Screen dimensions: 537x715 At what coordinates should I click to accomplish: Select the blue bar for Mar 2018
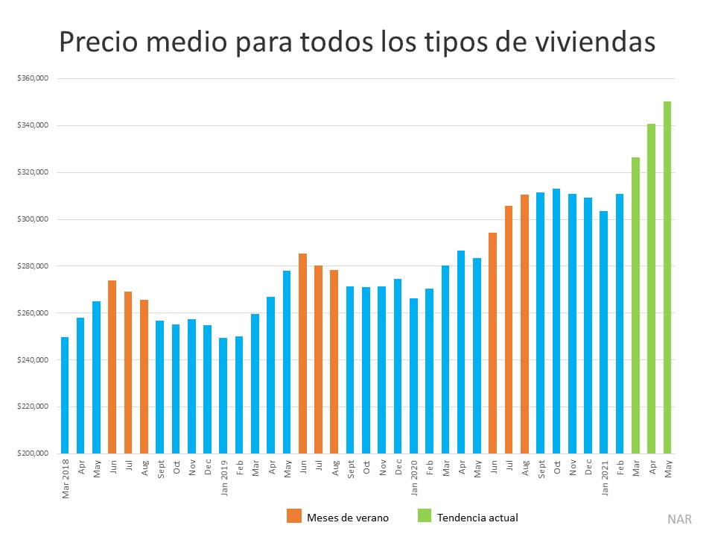[x=65, y=395]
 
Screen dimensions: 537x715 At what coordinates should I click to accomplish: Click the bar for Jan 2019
[x=223, y=395]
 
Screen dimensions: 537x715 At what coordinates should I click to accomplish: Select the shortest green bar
[x=635, y=305]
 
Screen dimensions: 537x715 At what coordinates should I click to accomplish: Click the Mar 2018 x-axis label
[x=65, y=477]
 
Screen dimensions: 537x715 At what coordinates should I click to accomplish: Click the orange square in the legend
[x=293, y=516]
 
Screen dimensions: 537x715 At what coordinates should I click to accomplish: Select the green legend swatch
[x=424, y=516]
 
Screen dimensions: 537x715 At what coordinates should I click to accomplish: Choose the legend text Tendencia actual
[x=477, y=517]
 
